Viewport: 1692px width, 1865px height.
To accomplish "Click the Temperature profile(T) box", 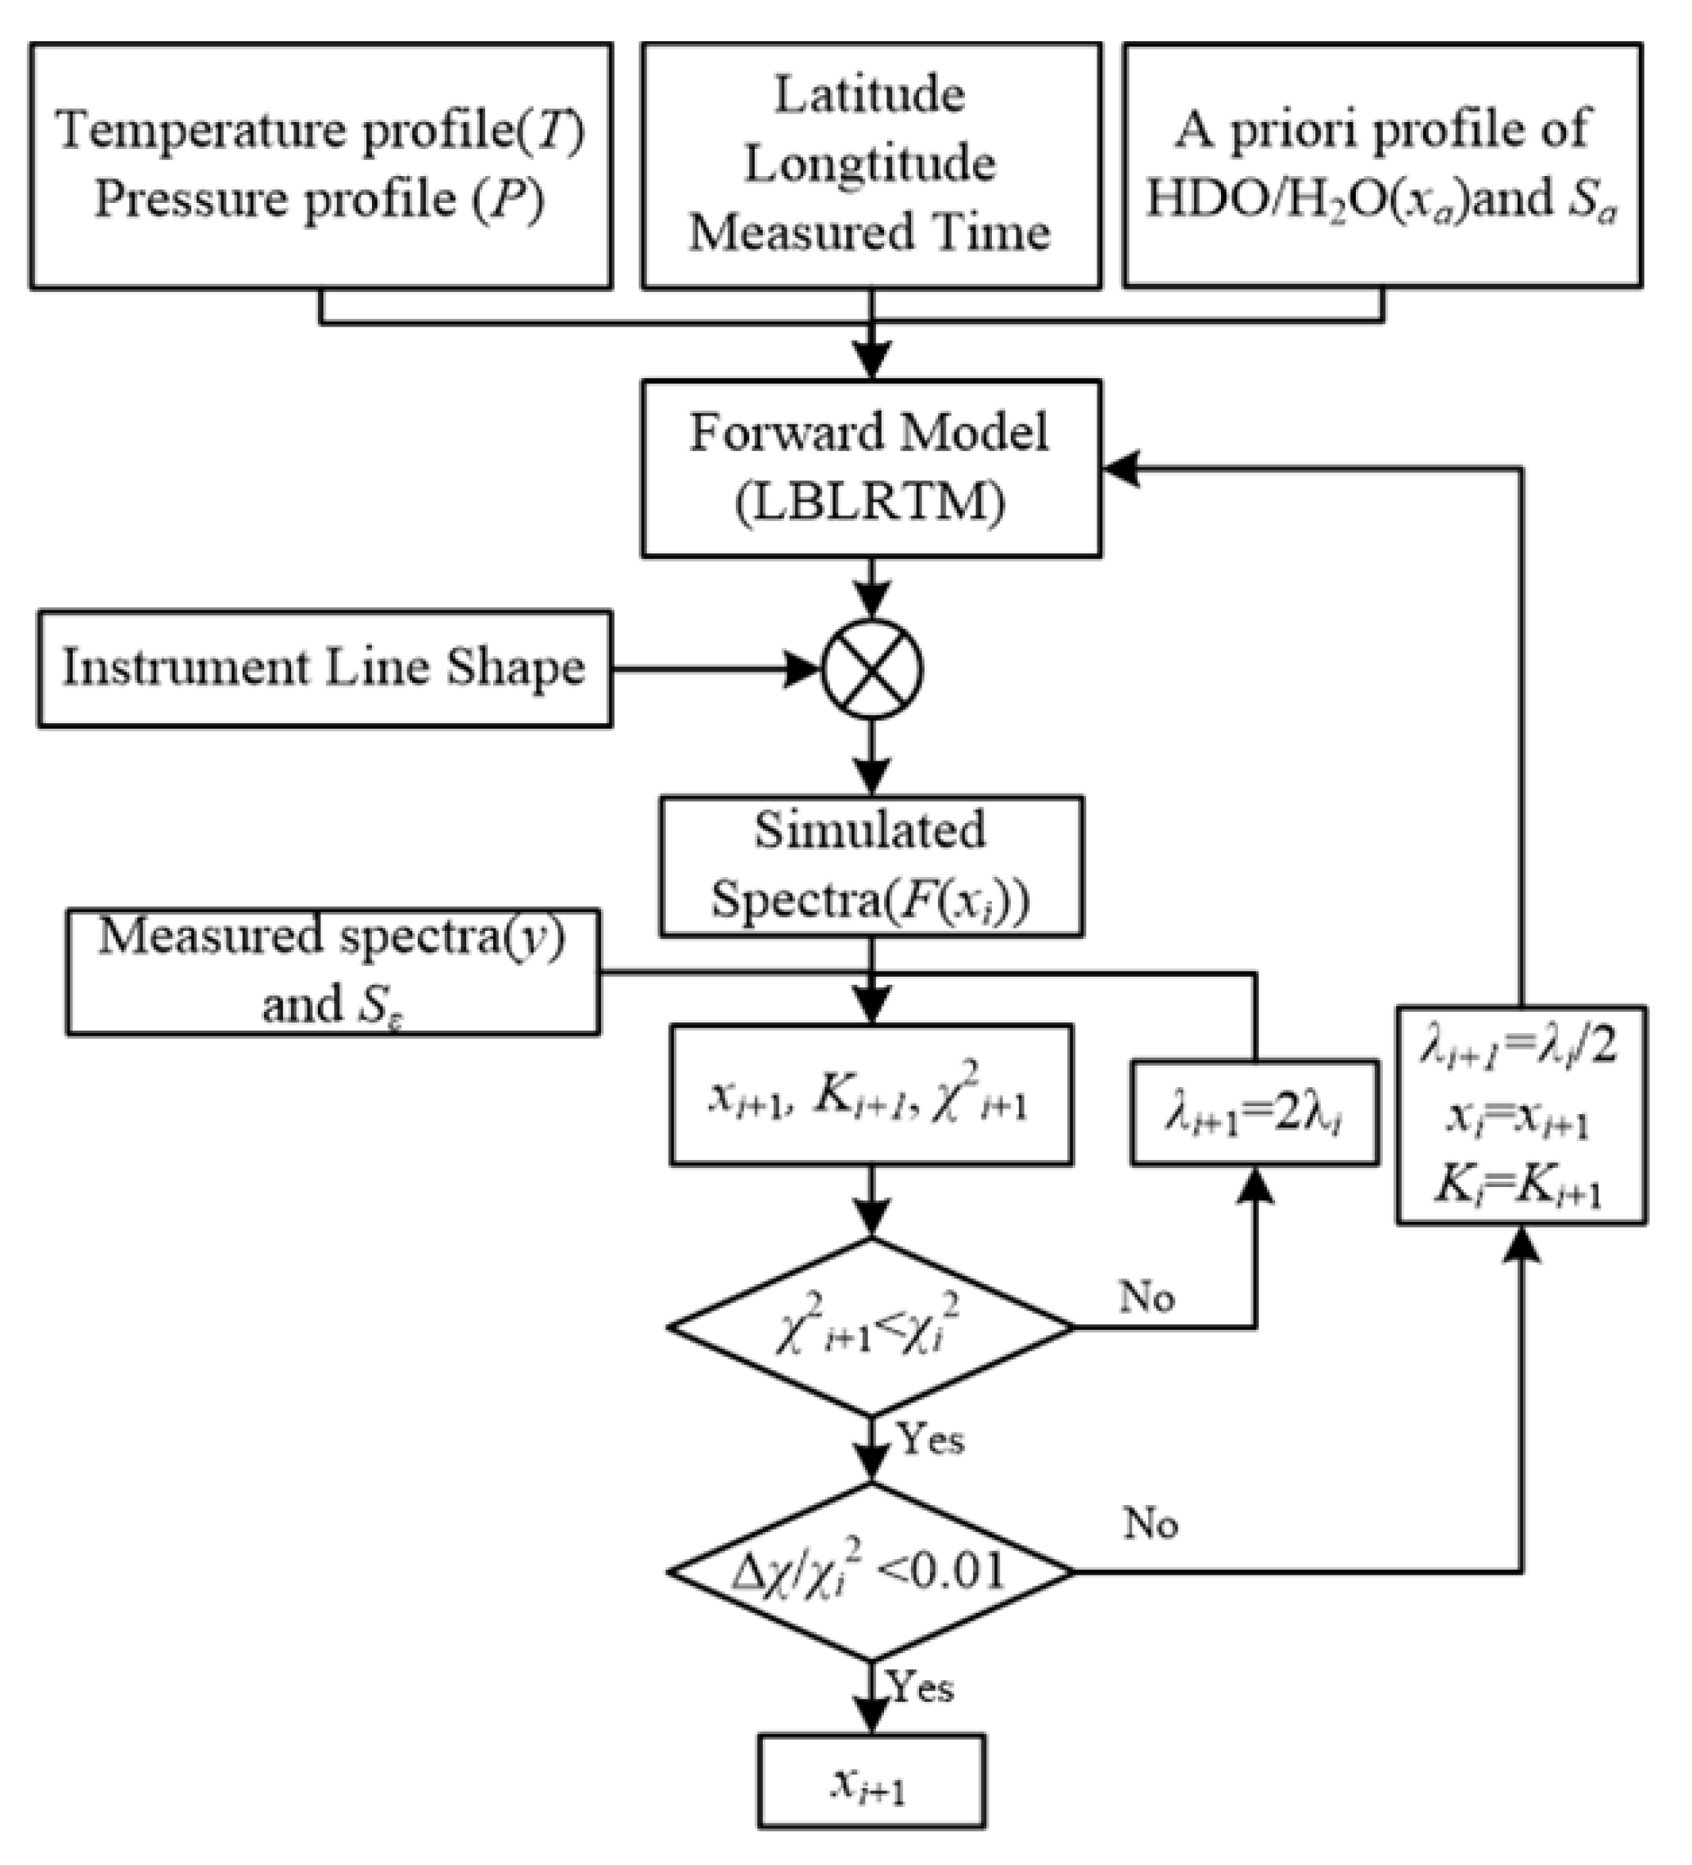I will tap(320, 165).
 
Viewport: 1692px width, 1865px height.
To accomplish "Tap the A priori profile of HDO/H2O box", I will tap(1382, 165).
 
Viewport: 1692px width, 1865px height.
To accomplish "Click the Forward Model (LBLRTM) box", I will tap(871, 468).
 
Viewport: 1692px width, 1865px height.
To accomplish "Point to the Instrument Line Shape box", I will tap(323, 668).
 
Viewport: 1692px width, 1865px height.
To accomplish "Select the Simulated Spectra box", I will tap(871, 866).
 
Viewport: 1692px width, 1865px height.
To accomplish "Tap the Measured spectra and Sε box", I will tap(333, 971).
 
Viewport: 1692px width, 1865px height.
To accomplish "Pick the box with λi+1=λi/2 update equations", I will tap(1520, 1116).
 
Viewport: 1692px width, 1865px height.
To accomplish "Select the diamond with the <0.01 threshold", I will tap(871, 1571).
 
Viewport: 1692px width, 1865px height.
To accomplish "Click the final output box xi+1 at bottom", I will tap(871, 1781).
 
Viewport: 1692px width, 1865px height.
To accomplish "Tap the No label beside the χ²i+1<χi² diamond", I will tap(1147, 1297).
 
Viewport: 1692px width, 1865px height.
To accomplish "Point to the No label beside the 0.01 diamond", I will tap(1150, 1522).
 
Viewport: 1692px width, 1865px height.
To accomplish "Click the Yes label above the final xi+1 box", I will tap(921, 1687).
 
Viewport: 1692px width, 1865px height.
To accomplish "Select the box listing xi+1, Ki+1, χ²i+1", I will tap(871, 1093).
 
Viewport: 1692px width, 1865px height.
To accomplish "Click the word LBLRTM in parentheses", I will tap(871, 504).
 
